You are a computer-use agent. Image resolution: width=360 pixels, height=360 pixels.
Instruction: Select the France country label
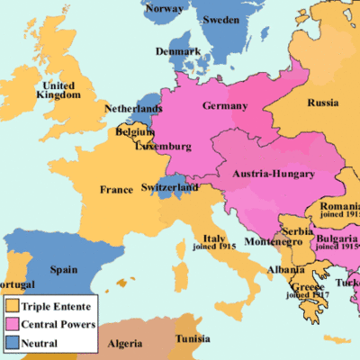116,190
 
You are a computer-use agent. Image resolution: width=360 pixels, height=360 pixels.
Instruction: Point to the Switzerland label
169,187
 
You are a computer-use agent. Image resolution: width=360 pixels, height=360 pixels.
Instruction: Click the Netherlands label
134,108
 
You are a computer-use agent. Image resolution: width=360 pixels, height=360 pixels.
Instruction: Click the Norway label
164,9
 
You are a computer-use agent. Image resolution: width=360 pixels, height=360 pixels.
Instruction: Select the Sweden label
220,20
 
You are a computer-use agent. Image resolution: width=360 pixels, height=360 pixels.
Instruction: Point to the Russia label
321,102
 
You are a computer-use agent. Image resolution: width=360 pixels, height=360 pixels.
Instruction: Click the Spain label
64,268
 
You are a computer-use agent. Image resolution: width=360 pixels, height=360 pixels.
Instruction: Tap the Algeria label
125,344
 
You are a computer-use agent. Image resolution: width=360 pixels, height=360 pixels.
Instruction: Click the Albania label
284,269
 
